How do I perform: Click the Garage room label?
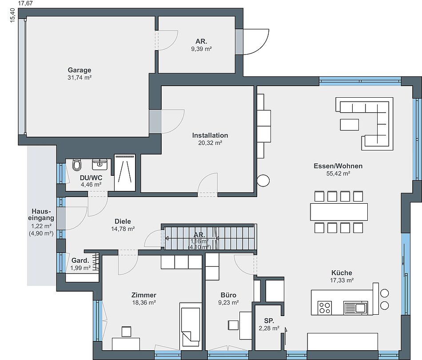click(x=80, y=70)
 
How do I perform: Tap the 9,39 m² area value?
click(x=201, y=49)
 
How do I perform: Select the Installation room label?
click(x=210, y=135)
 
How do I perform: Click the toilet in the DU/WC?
click(x=77, y=165)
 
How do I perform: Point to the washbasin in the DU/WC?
click(x=100, y=165)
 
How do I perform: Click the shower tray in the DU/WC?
click(x=125, y=173)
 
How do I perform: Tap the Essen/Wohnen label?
click(x=338, y=166)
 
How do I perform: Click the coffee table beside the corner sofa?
click(x=349, y=125)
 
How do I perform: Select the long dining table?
click(x=339, y=212)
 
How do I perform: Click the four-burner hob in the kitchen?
click(x=325, y=308)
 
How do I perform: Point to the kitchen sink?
click(x=355, y=308)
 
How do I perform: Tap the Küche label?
click(x=342, y=273)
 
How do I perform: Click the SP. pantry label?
click(x=269, y=321)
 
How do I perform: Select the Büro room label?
click(x=228, y=295)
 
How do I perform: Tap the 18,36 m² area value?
click(x=144, y=303)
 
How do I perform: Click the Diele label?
click(x=123, y=222)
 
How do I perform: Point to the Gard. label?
click(x=80, y=261)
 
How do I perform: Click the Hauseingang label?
click(x=41, y=214)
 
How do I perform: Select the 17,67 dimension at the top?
click(x=25, y=3)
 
